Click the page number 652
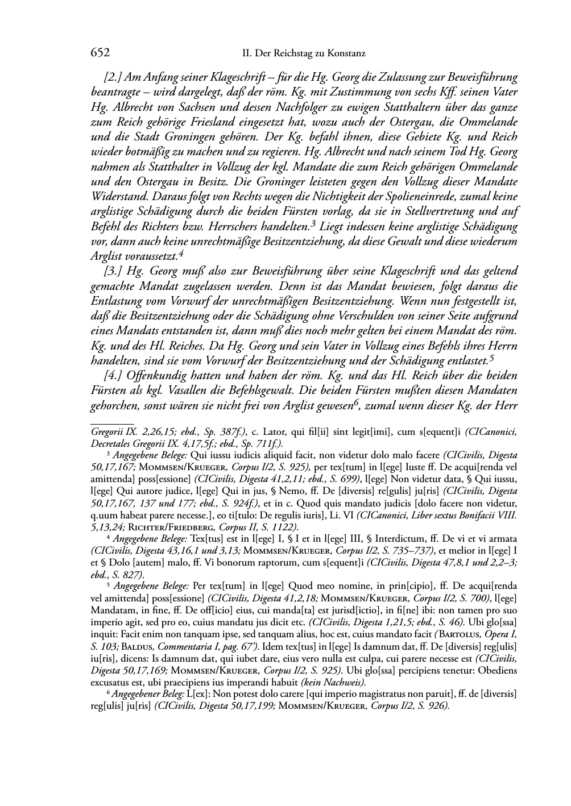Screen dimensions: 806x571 pos(100,53)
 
